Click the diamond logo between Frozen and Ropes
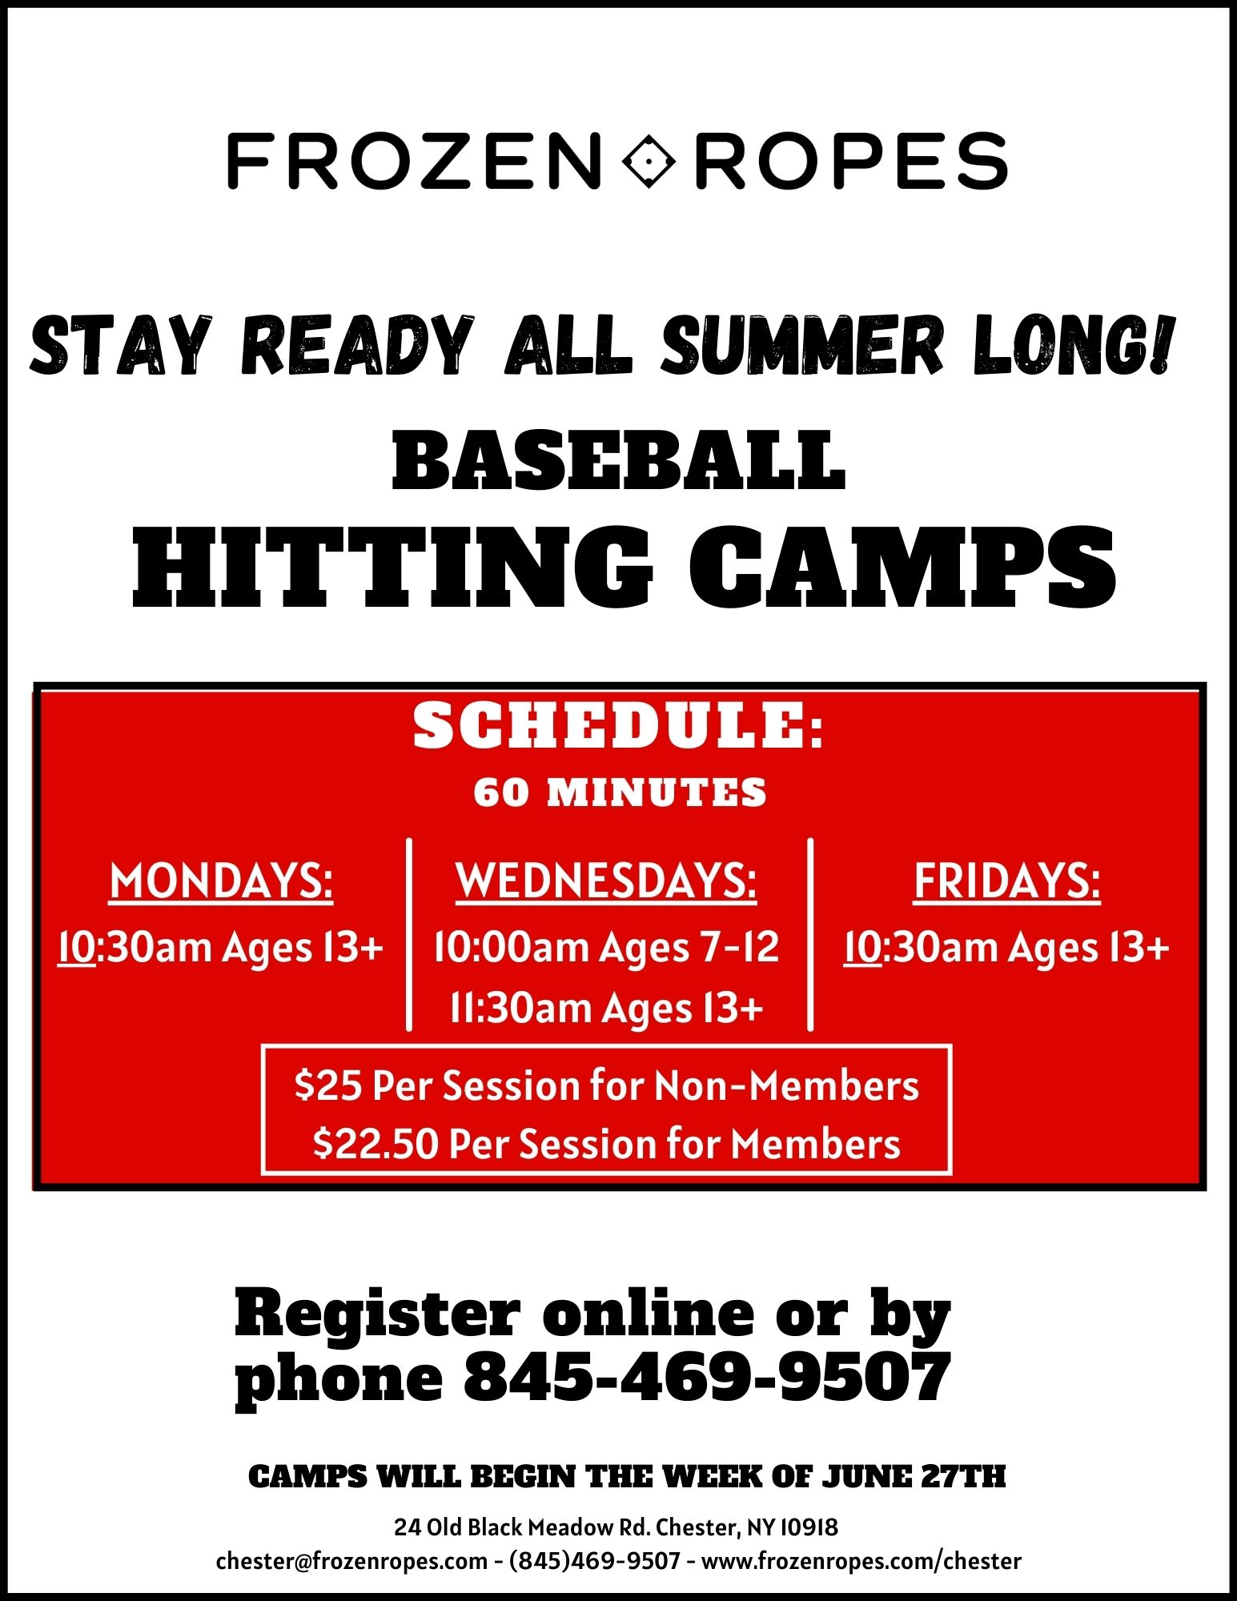[x=649, y=161]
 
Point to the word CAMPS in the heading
[x=902, y=568]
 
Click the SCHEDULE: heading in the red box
[x=618, y=726]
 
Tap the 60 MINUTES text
[x=620, y=792]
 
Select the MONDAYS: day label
[x=221, y=882]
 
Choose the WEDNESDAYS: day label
[x=606, y=882]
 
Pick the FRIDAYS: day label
[x=1007, y=882]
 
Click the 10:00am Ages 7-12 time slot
[x=606, y=947]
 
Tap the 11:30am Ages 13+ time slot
[x=606, y=1007]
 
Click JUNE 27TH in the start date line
[x=914, y=1477]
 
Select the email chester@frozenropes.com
[x=352, y=1561]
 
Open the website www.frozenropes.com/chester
[x=861, y=1561]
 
